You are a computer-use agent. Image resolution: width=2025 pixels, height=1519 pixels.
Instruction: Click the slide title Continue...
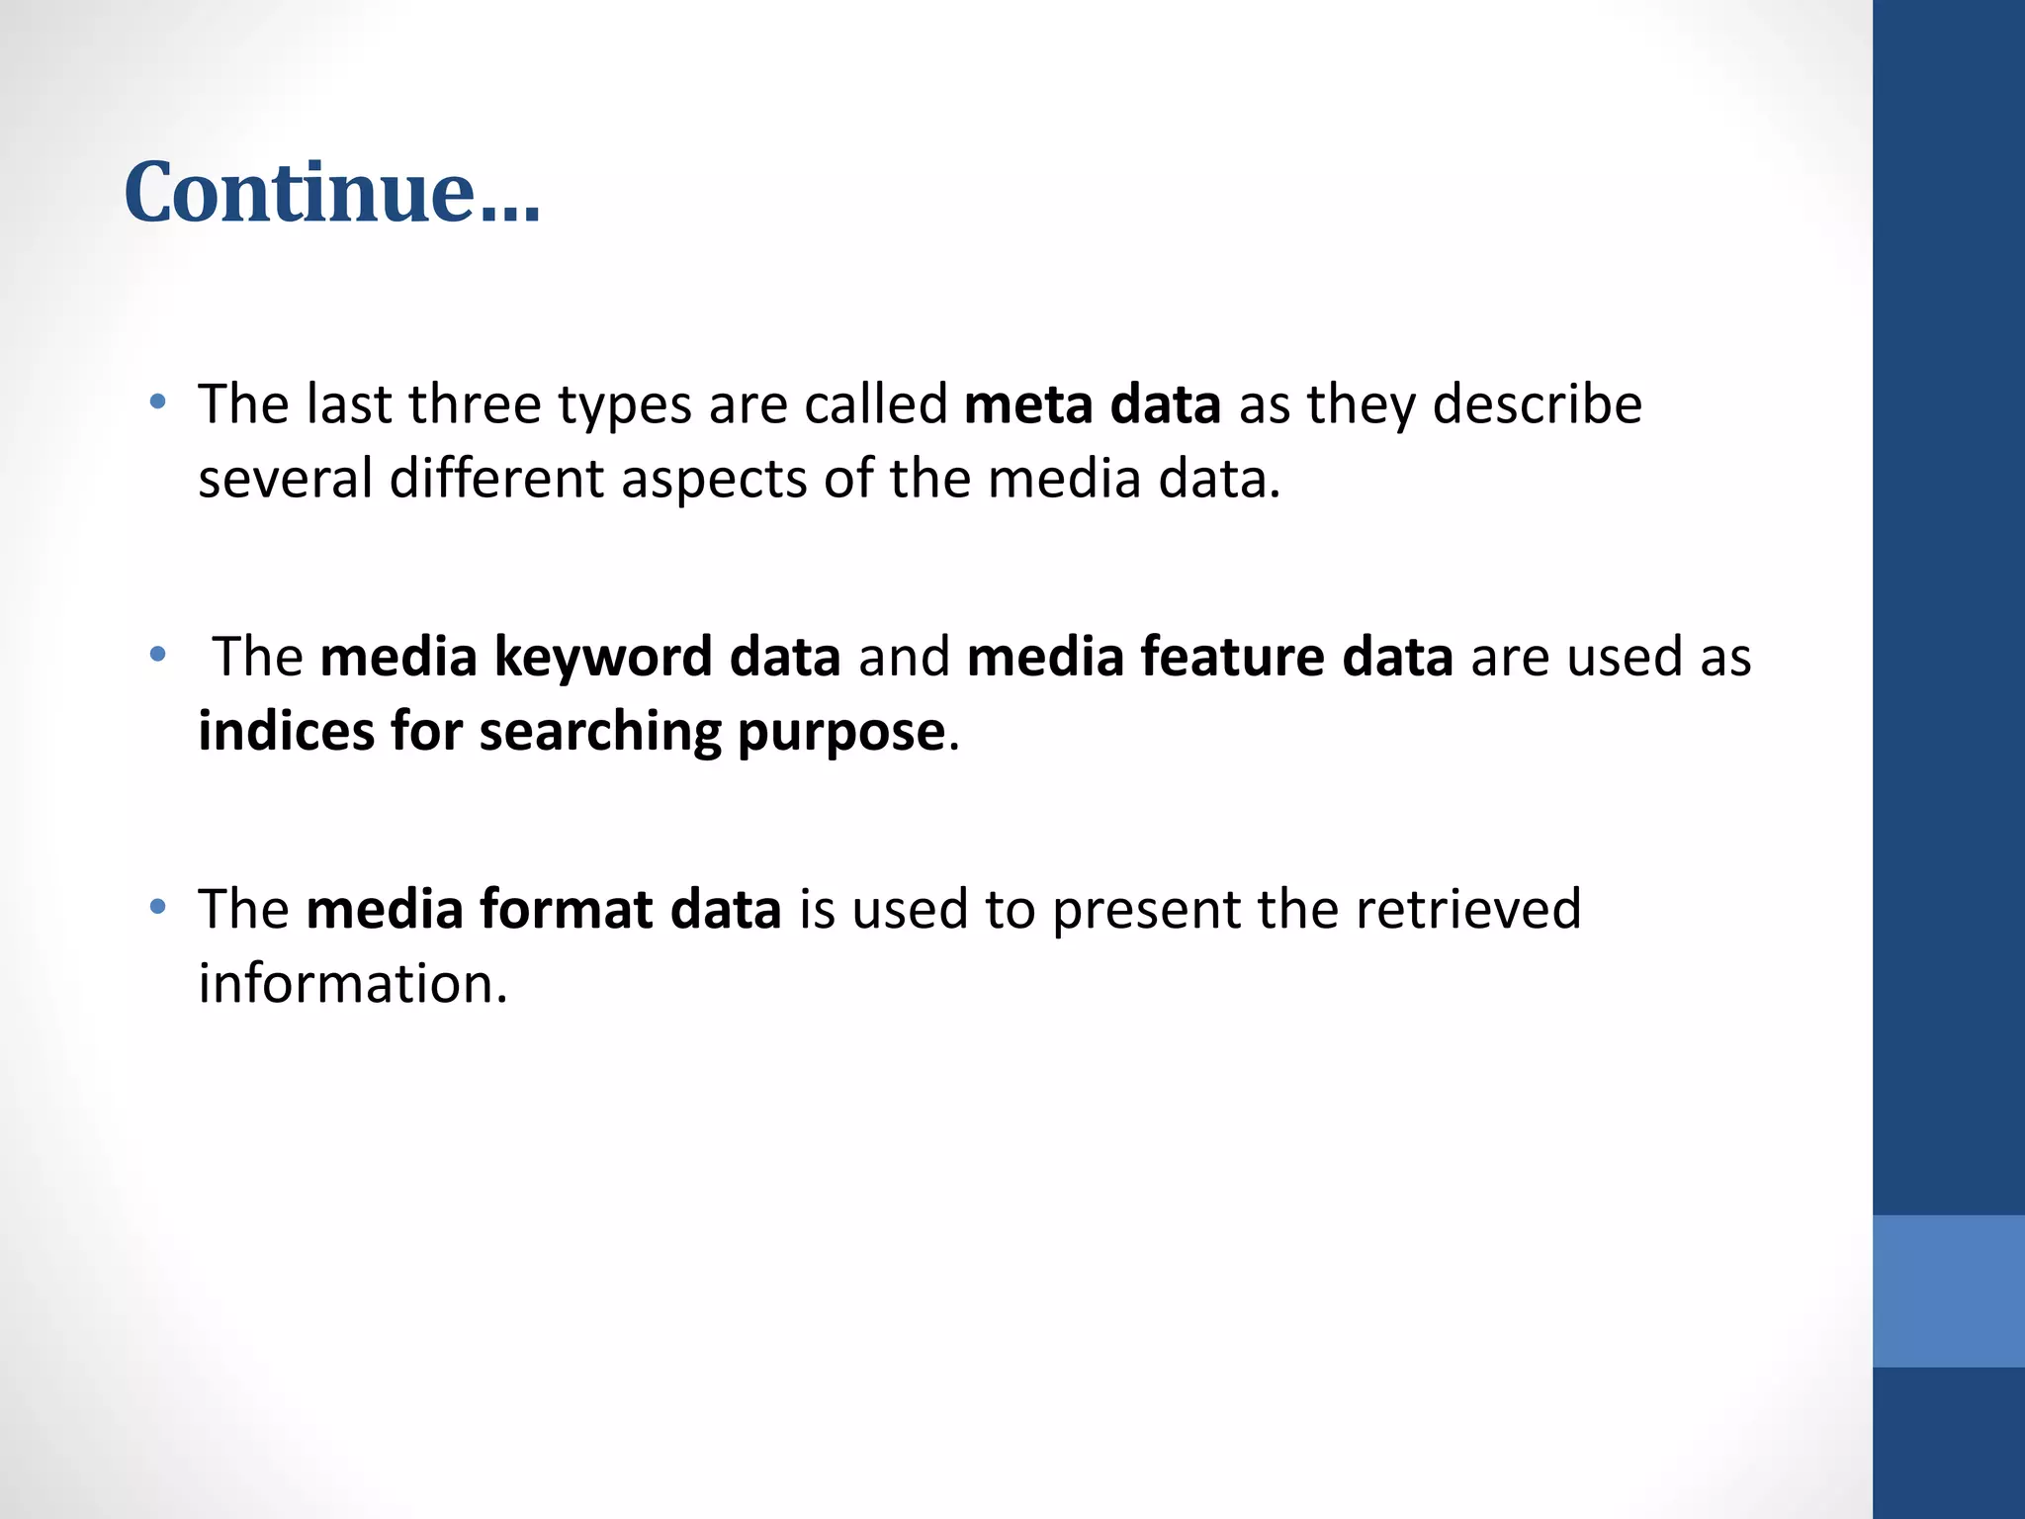point(331,192)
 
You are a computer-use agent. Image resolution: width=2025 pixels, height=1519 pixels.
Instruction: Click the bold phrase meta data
point(1092,404)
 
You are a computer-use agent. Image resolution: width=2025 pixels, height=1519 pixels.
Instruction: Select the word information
point(352,984)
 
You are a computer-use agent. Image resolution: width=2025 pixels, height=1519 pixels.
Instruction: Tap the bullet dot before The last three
point(157,402)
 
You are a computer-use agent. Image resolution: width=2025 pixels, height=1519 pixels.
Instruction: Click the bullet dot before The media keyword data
point(157,655)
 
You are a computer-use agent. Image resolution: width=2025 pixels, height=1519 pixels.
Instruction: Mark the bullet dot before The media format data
point(157,907)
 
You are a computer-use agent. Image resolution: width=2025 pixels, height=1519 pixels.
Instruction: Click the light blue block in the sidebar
point(1948,1291)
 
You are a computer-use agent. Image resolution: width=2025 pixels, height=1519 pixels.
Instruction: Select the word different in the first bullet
point(496,479)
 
